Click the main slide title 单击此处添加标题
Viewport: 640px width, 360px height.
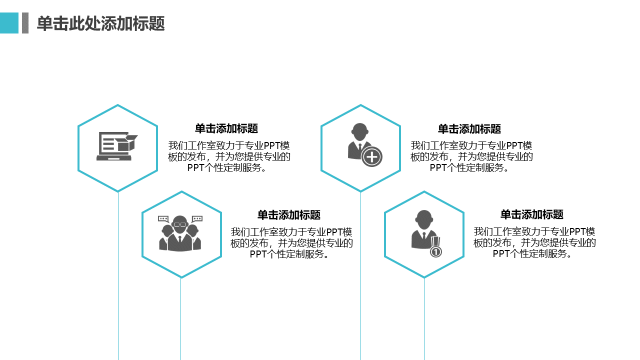pyautogui.click(x=101, y=23)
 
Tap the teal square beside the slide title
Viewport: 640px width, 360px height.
pyautogui.click(x=9, y=23)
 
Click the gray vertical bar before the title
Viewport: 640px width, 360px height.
pyautogui.click(x=25, y=23)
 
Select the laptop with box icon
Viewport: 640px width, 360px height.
pyautogui.click(x=117, y=146)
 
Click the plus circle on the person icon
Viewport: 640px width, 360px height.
pyautogui.click(x=371, y=156)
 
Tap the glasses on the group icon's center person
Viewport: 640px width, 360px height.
pyautogui.click(x=180, y=224)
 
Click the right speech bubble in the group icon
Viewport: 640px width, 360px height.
pyautogui.click(x=197, y=219)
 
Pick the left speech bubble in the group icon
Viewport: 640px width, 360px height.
pyautogui.click(x=163, y=219)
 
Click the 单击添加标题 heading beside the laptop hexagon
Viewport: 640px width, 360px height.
pyautogui.click(x=226, y=128)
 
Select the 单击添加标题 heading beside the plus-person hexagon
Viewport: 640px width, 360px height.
pyautogui.click(x=469, y=129)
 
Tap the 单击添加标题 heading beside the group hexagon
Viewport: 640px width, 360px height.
pyautogui.click(x=289, y=215)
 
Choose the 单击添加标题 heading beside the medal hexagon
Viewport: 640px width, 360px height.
pyautogui.click(x=531, y=214)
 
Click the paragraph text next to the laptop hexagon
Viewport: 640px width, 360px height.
pyautogui.click(x=229, y=156)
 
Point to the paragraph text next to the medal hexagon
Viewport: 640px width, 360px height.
pyautogui.click(x=534, y=242)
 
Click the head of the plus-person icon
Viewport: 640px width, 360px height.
pyautogui.click(x=359, y=131)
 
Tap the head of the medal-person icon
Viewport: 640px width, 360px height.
pyautogui.click(x=424, y=219)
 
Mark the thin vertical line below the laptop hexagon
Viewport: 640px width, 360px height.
pyautogui.click(x=118, y=275)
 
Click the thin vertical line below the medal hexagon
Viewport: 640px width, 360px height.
pyautogui.click(x=424, y=319)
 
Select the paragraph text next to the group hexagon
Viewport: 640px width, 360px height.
pyautogui.click(x=291, y=243)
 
